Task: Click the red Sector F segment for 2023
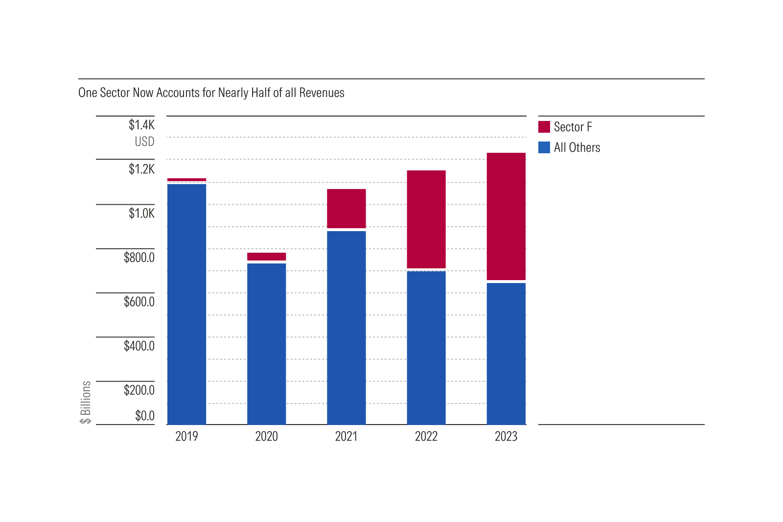(506, 216)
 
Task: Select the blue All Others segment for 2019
(186, 304)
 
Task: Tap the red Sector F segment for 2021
(346, 209)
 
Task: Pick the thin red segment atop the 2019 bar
(186, 180)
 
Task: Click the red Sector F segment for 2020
(266, 257)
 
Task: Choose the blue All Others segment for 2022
(426, 348)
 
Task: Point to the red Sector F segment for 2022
(426, 219)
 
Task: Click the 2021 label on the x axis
(346, 436)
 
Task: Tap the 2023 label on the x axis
(506, 436)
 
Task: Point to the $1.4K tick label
(141, 125)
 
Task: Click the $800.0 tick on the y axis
(139, 258)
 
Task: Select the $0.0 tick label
(144, 416)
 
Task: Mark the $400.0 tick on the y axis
(139, 346)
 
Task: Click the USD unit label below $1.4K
(144, 142)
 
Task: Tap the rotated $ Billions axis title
(86, 402)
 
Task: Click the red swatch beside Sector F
(544, 127)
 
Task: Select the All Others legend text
(577, 147)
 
